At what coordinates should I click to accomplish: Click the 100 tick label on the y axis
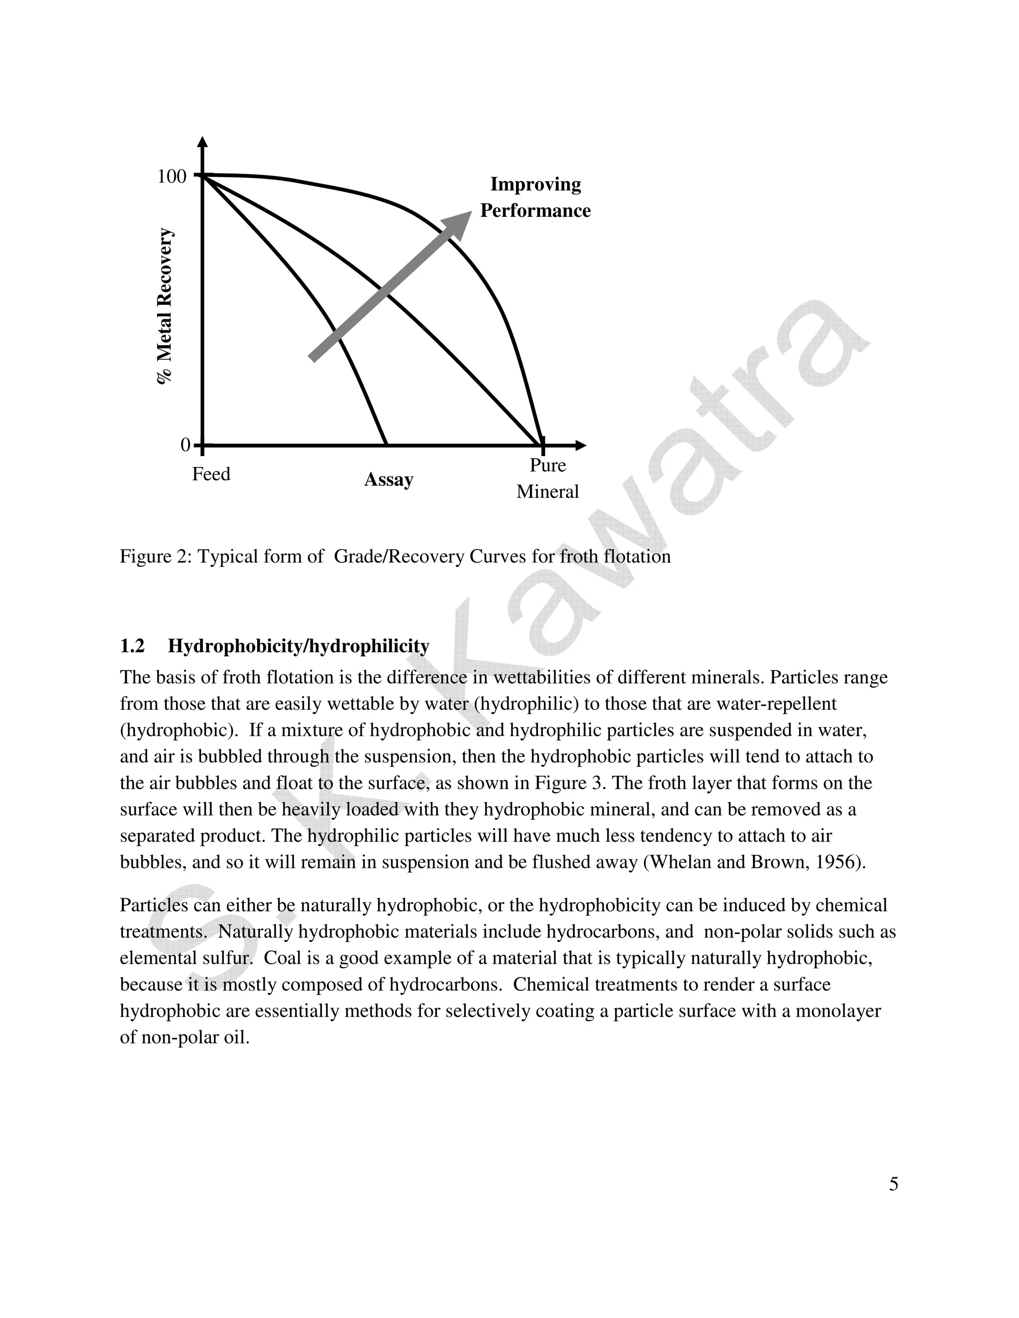click(172, 177)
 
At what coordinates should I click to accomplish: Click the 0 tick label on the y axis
click(185, 445)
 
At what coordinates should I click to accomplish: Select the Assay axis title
click(388, 480)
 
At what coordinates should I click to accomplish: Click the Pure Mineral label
click(547, 478)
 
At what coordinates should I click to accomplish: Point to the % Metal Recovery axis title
click(165, 306)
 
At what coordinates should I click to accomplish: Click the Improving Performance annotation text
click(535, 197)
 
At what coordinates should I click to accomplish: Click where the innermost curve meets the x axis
click(386, 445)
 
